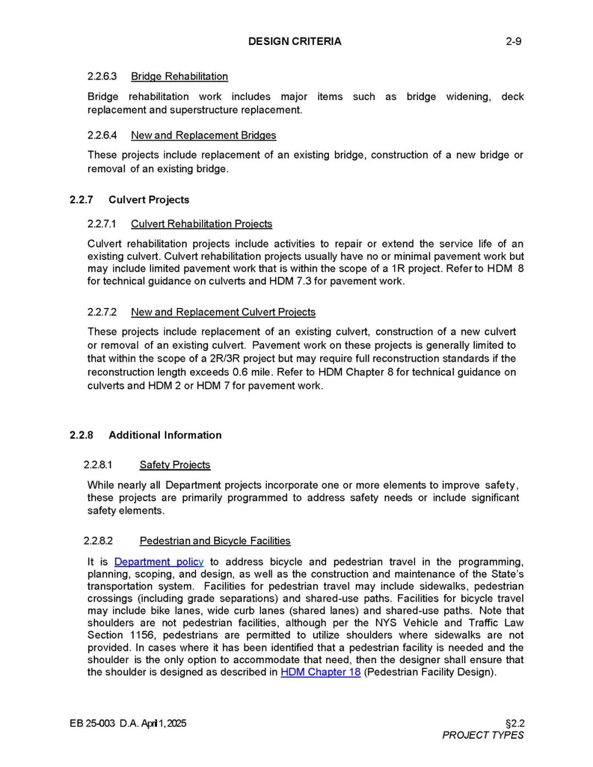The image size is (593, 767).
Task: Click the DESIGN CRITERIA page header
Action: (294, 41)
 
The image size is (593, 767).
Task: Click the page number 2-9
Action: (513, 41)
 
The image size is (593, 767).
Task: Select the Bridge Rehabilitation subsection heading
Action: (179, 76)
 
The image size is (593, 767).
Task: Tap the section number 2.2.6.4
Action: (102, 135)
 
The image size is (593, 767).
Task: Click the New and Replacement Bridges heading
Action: (203, 135)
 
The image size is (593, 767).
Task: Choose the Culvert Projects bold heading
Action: (149, 200)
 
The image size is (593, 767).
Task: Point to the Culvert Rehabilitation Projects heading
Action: (202, 224)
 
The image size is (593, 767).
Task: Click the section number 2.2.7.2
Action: (102, 312)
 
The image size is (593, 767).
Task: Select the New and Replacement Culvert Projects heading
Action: (223, 312)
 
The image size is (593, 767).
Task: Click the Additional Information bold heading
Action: (165, 435)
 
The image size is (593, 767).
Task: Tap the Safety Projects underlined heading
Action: (175, 465)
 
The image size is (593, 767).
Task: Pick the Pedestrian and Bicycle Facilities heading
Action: (215, 541)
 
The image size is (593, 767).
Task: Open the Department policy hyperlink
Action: (159, 562)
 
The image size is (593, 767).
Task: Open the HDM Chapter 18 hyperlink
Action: (321, 672)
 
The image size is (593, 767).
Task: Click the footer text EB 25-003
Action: (92, 723)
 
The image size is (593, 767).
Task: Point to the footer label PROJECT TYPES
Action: (483, 735)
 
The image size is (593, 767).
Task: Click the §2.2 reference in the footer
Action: (514, 723)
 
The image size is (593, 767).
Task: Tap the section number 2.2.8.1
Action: (98, 465)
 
